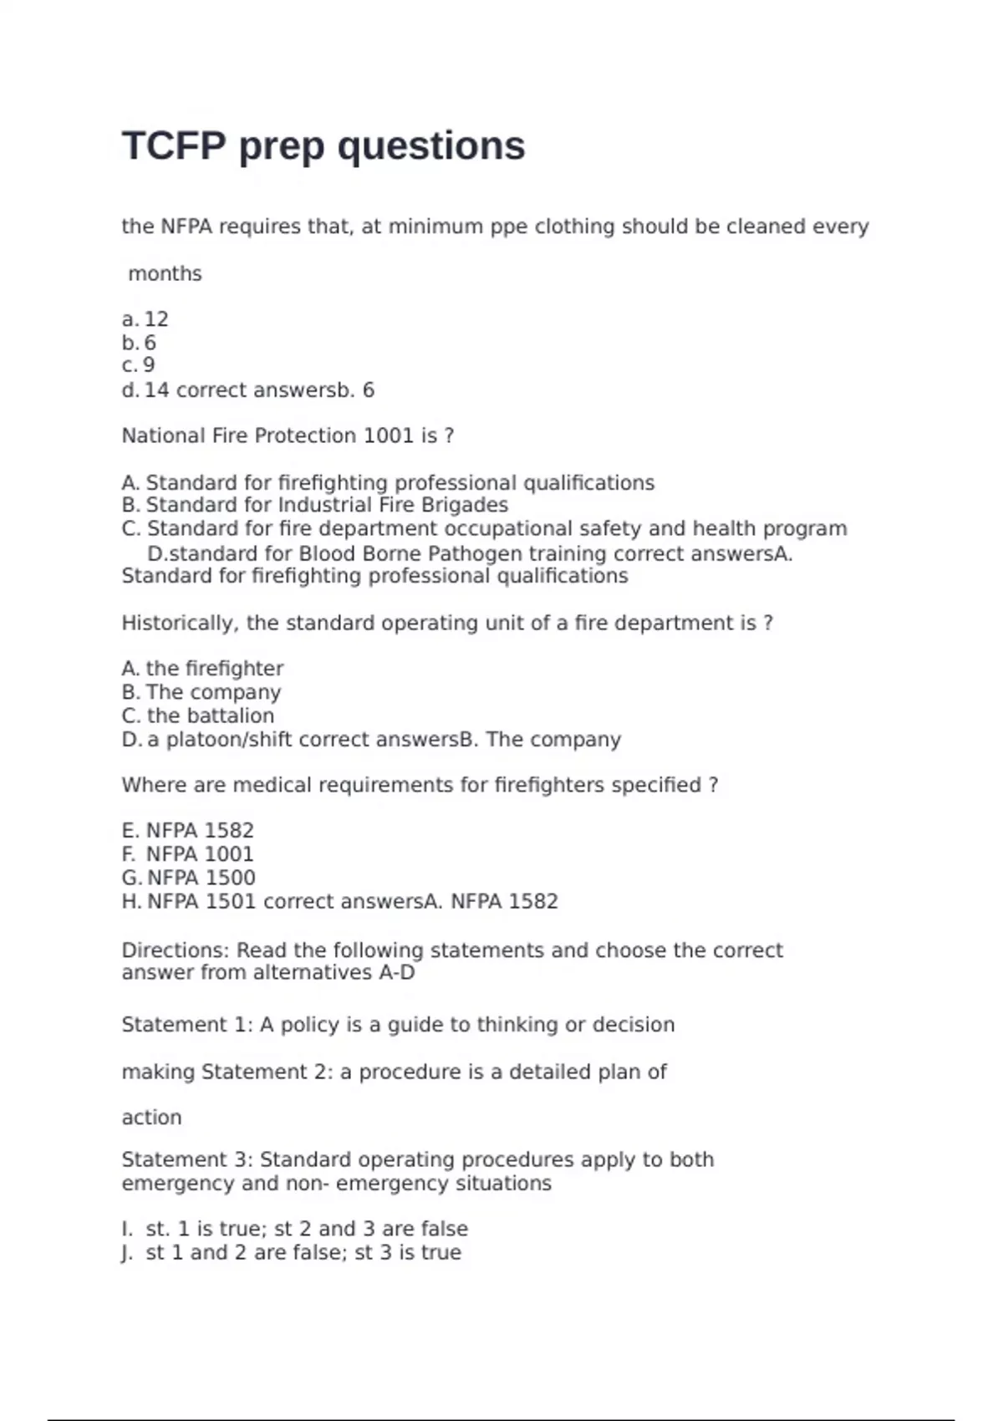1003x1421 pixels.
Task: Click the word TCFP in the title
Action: click(174, 146)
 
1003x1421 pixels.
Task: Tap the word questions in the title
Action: click(431, 146)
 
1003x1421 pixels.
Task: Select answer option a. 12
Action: click(146, 319)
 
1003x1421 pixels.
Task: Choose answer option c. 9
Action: click(139, 365)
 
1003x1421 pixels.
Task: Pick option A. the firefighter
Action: click(203, 669)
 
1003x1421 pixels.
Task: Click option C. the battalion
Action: click(199, 716)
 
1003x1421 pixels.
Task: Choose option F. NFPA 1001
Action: click(188, 854)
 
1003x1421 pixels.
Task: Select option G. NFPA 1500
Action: click(189, 878)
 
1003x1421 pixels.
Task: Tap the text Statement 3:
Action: click(187, 1159)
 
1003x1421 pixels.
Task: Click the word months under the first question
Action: click(165, 273)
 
